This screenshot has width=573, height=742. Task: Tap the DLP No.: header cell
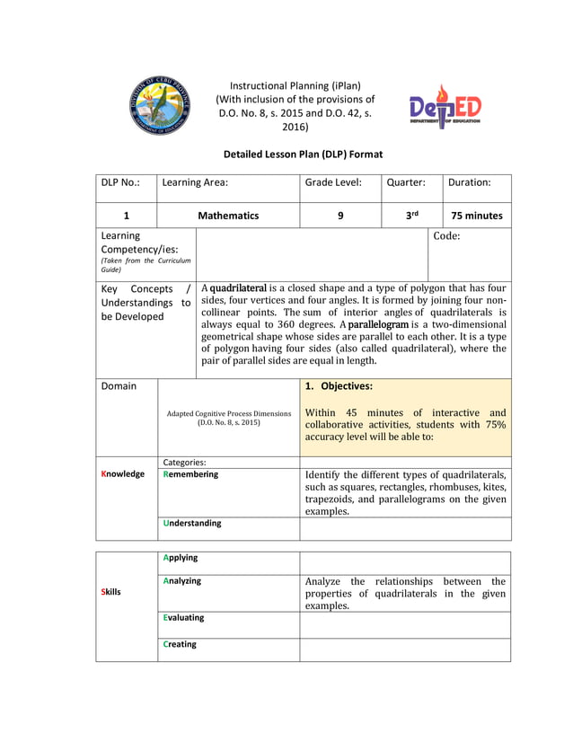point(120,181)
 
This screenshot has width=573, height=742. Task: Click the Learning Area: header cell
point(195,181)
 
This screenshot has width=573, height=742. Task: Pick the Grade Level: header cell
point(333,181)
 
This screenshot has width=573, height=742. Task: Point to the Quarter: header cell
point(406,181)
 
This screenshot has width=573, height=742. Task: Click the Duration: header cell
point(469,181)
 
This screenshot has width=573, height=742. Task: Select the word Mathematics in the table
point(228,216)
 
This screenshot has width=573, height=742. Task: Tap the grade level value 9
point(340,216)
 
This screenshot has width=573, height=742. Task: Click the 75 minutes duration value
point(477,216)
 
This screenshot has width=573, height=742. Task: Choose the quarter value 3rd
point(411,216)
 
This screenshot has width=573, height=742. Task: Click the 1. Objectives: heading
point(338,386)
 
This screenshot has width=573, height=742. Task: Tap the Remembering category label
point(190,474)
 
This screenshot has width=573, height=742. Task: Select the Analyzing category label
point(182,581)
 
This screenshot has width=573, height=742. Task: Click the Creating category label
point(180,644)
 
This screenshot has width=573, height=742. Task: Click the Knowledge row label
point(123,474)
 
